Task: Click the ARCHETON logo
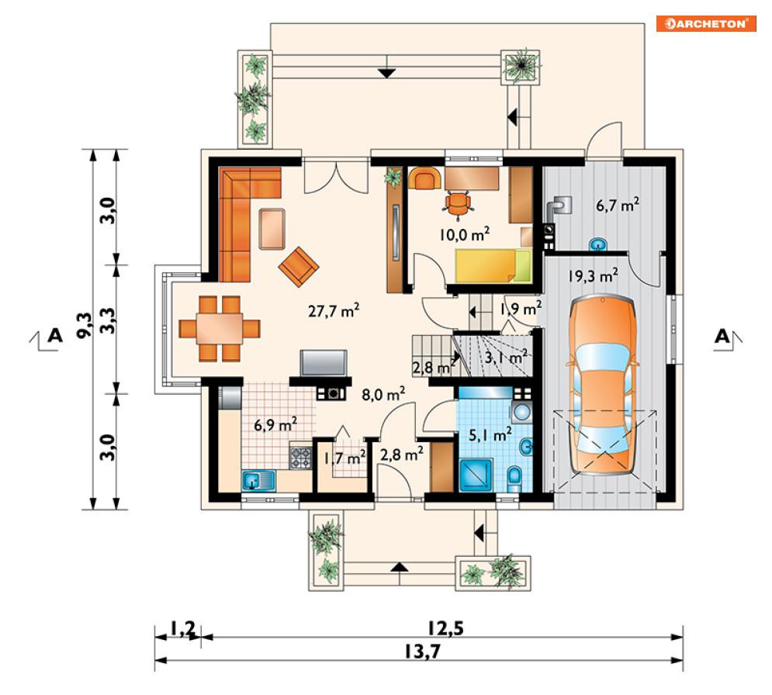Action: point(706,23)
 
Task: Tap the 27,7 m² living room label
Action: point(334,310)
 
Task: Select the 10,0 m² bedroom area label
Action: point(464,233)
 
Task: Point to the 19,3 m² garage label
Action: point(593,275)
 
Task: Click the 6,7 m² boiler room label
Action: point(618,204)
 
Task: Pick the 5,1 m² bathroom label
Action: point(490,434)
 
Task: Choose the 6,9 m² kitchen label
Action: point(275,424)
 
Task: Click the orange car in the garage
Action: point(602,385)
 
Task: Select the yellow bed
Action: point(493,266)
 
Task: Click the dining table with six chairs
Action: point(220,328)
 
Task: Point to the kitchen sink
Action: point(258,480)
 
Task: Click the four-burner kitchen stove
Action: point(300,458)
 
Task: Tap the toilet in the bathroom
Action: point(514,478)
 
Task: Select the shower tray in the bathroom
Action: point(476,475)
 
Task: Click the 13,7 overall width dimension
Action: point(422,652)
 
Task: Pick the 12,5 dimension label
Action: point(445,628)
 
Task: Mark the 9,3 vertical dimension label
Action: point(85,325)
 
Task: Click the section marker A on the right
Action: point(722,336)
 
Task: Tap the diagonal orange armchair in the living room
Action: point(299,266)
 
